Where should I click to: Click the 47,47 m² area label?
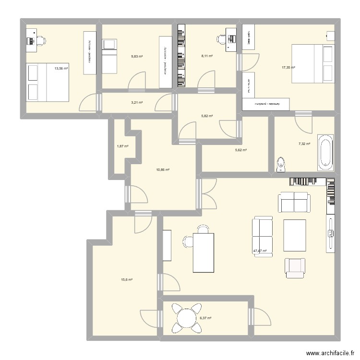[260, 251]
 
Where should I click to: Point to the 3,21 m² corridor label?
[137, 102]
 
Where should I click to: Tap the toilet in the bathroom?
[281, 165]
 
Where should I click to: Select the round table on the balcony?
[185, 317]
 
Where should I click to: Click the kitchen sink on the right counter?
[331, 233]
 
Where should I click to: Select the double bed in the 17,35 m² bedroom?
[312, 63]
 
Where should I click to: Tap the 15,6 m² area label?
[127, 279]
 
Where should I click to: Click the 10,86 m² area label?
[164, 169]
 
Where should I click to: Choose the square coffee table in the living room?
[295, 233]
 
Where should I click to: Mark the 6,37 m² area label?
[205, 318]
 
